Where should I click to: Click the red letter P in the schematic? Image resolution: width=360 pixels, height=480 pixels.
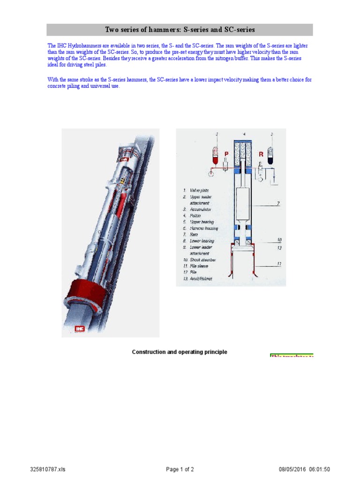click(x=226, y=153)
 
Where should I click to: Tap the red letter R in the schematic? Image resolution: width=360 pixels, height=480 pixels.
click(x=261, y=153)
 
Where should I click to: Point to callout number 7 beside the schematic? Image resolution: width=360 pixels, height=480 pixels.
click(x=277, y=204)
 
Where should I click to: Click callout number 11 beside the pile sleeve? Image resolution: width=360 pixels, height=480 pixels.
click(x=279, y=264)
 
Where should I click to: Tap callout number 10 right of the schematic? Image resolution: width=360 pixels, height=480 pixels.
click(x=279, y=240)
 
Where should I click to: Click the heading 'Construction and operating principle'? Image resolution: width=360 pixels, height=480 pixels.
click(x=180, y=352)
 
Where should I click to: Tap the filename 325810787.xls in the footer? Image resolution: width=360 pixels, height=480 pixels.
click(x=48, y=469)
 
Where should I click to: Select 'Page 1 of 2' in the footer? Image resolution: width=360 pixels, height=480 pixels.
click(x=180, y=469)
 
